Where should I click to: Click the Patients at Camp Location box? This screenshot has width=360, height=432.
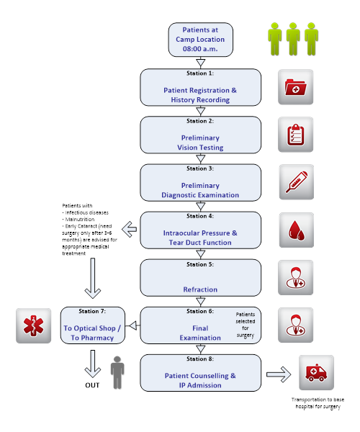201,40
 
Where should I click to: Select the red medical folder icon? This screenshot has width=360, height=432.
295,87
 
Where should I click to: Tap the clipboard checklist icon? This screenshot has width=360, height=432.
295,135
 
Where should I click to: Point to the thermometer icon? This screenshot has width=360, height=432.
297,182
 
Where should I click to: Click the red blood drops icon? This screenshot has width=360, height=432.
297,230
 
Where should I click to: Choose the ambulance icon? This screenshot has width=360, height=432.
317,372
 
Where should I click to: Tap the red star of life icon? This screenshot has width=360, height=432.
33,325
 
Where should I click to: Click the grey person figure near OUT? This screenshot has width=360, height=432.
117,372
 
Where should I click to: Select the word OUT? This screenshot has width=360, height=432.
92,385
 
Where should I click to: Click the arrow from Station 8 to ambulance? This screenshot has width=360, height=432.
279,374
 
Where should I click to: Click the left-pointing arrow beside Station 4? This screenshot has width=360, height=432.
129,229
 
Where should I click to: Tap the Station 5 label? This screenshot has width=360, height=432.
200,264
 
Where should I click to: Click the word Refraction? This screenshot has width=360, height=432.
200,289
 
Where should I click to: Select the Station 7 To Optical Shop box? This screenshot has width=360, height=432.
93,325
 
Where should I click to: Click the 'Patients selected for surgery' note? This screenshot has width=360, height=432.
245,325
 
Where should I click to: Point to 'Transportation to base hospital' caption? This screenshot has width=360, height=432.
318,403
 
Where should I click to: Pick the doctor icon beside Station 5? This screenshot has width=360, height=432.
295,278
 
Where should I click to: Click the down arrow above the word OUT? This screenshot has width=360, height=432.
93,364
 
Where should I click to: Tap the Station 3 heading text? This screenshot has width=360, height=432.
200,168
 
